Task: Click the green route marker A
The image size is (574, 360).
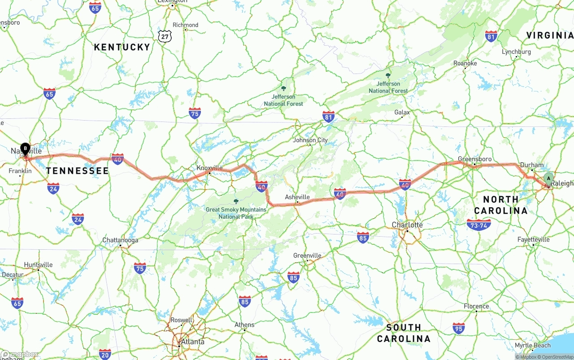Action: (548, 179)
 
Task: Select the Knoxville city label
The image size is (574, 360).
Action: (209, 168)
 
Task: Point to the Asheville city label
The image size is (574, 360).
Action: (297, 197)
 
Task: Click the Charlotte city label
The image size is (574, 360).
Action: (407, 225)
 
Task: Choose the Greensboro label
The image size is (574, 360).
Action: (474, 159)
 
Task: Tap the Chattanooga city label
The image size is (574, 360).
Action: (120, 240)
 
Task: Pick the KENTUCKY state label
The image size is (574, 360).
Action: (122, 47)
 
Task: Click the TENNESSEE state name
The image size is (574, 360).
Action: (77, 170)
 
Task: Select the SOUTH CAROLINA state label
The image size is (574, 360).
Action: (404, 333)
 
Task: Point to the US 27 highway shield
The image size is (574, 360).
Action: (165, 36)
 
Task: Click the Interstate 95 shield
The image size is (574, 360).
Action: (458, 329)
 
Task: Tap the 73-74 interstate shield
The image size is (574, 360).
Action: (478, 225)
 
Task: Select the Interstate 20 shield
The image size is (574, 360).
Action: (104, 354)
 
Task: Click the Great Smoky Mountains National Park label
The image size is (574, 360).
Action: (236, 213)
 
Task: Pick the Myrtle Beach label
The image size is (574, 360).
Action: (532, 345)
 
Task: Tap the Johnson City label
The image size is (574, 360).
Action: (310, 140)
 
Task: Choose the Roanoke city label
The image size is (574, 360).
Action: (465, 64)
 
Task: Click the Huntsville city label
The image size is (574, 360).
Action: (38, 265)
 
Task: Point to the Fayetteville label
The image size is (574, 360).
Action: (533, 239)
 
